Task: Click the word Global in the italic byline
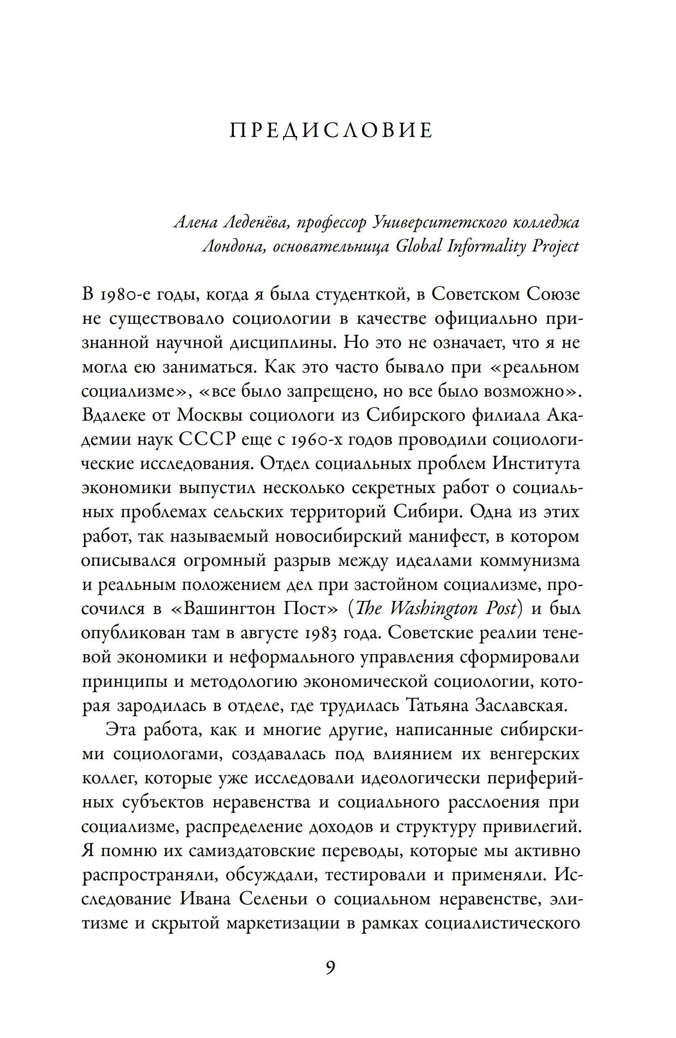click(x=419, y=247)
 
